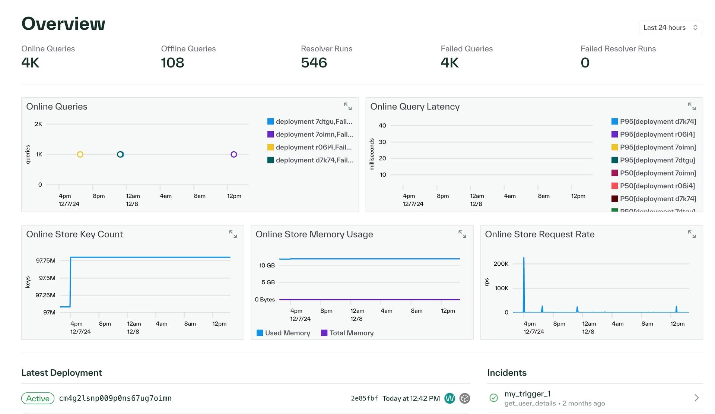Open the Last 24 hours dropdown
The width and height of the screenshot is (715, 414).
pyautogui.click(x=670, y=28)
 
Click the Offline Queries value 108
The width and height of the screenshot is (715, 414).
pyautogui.click(x=172, y=63)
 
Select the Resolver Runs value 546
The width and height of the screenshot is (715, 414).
pyautogui.click(x=314, y=63)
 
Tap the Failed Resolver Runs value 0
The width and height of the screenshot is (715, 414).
pyautogui.click(x=585, y=63)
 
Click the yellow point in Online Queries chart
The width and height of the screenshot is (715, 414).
pyautogui.click(x=80, y=154)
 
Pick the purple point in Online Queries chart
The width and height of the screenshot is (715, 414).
pyautogui.click(x=234, y=154)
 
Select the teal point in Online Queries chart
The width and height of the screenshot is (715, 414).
pyautogui.click(x=120, y=154)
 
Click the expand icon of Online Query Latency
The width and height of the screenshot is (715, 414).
pyautogui.click(x=692, y=107)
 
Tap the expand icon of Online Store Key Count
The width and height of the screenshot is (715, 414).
pyautogui.click(x=233, y=234)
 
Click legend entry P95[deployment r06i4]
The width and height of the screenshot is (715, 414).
pyautogui.click(x=657, y=134)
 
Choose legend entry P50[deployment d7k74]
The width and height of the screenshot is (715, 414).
pyautogui.click(x=658, y=199)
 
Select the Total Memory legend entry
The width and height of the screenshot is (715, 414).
pyautogui.click(x=351, y=333)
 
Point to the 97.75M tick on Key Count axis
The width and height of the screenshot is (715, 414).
pyautogui.click(x=46, y=260)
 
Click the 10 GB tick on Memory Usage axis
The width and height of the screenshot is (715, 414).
pyautogui.click(x=267, y=265)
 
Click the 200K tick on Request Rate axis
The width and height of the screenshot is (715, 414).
pyautogui.click(x=501, y=264)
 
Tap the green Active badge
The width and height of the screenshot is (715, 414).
pyautogui.click(x=38, y=398)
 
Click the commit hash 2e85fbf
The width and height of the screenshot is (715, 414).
pyautogui.click(x=364, y=398)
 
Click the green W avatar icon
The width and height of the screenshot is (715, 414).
pyautogui.click(x=449, y=398)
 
